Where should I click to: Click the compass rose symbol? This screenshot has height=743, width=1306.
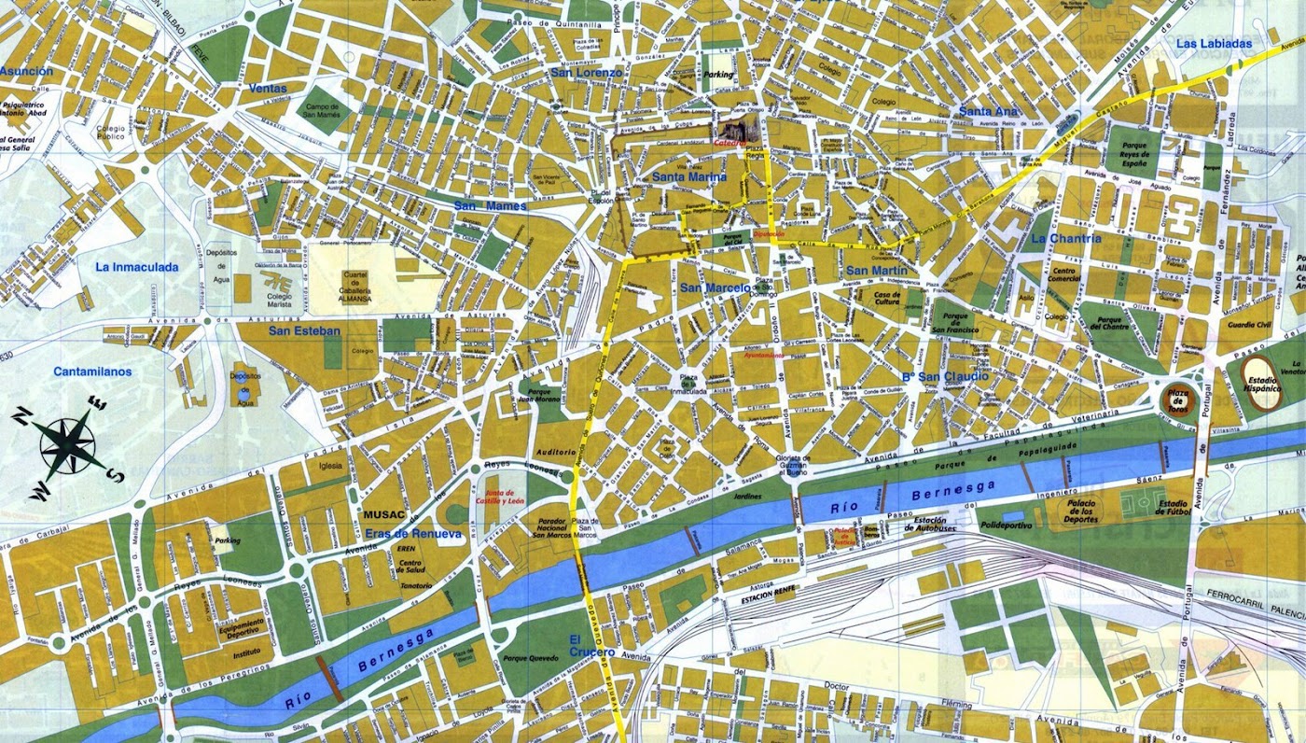click(x=70, y=443)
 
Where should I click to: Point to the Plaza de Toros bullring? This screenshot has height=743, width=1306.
click(x=1179, y=400)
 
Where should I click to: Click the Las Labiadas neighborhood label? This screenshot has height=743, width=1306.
click(x=1213, y=43)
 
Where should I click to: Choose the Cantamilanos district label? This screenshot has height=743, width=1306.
click(x=92, y=371)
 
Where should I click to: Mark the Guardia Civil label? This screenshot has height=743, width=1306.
click(x=1250, y=325)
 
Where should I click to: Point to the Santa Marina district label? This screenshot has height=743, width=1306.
click(x=689, y=176)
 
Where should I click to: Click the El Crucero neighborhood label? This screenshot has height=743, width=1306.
click(x=592, y=645)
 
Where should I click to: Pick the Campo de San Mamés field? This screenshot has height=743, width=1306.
click(x=324, y=112)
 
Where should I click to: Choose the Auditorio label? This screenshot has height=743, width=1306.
click(x=557, y=452)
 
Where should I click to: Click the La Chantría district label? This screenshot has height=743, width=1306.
click(x=1065, y=238)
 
